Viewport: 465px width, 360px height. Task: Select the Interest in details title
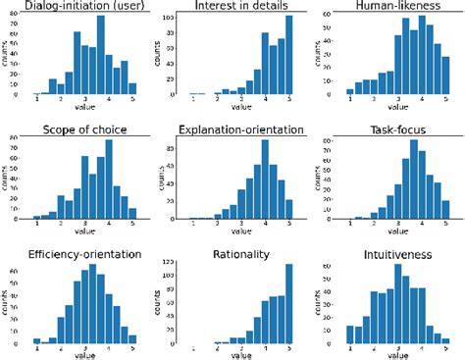[237, 8]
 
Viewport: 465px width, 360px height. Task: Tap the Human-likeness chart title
[391, 8]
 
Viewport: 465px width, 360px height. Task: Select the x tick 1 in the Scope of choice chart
[37, 224]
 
